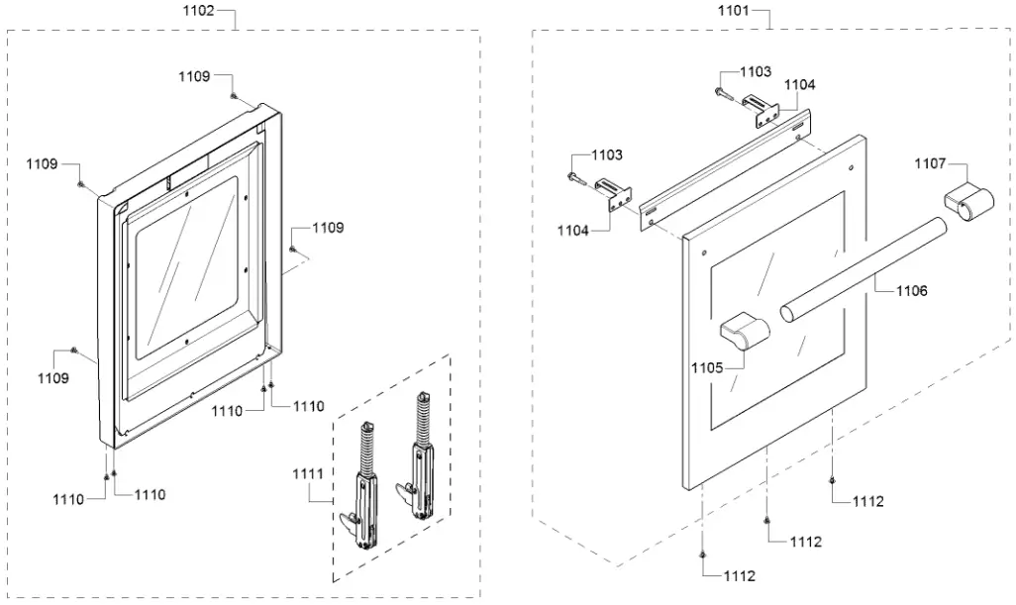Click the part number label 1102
pyautogui.click(x=199, y=13)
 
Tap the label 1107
pyautogui.click(x=930, y=163)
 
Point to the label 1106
pyautogui.click(x=912, y=291)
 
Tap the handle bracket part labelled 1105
pyautogui.click(x=744, y=330)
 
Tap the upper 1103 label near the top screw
pyautogui.click(x=756, y=72)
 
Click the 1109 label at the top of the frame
pyautogui.click(x=194, y=76)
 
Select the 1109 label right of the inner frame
pyautogui.click(x=328, y=228)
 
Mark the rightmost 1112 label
pyautogui.click(x=867, y=502)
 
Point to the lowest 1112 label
pyautogui.click(x=739, y=575)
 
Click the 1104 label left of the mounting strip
pyautogui.click(x=571, y=230)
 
